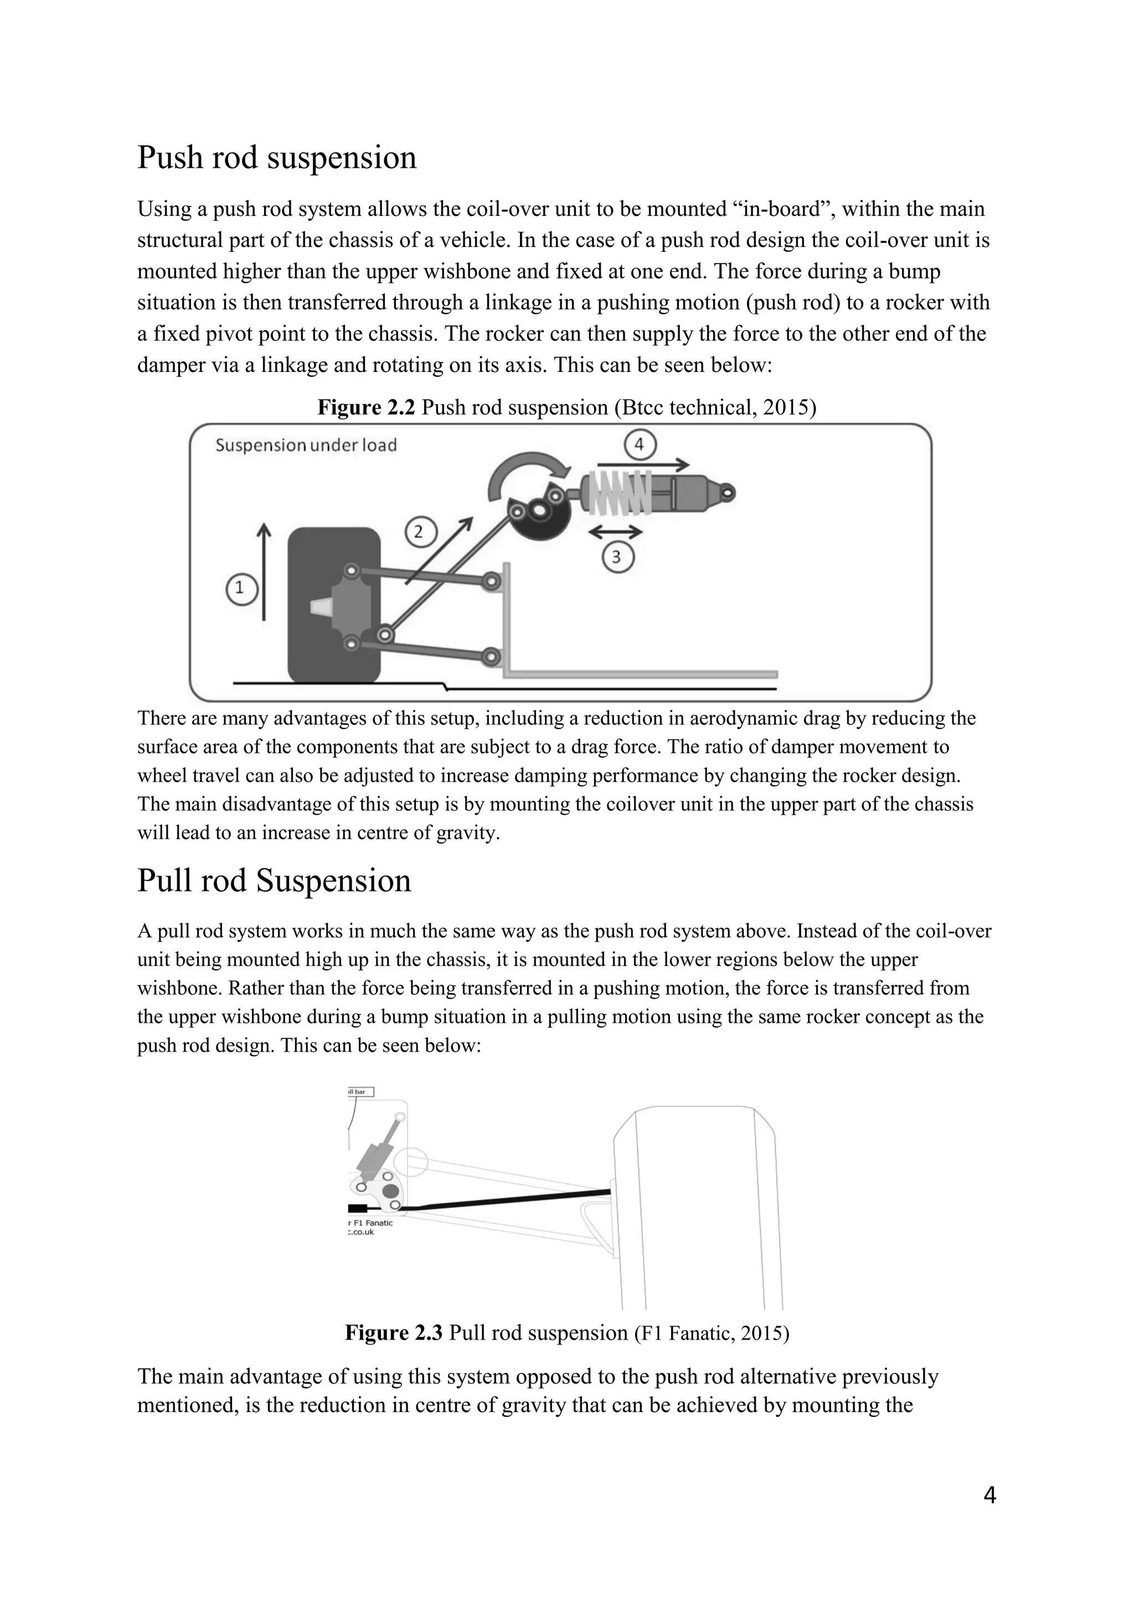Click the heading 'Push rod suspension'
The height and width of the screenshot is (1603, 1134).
(x=276, y=157)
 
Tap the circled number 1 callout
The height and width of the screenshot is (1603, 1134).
(x=241, y=588)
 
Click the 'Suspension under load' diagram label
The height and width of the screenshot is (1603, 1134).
(x=306, y=446)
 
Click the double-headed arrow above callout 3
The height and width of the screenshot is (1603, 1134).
(x=615, y=532)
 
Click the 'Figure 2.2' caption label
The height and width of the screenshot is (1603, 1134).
(x=366, y=407)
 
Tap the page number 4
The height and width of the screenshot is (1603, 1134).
(x=989, y=1495)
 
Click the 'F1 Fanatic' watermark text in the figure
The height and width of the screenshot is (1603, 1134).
(x=374, y=1223)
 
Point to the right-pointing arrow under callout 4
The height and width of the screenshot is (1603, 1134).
(x=642, y=464)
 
